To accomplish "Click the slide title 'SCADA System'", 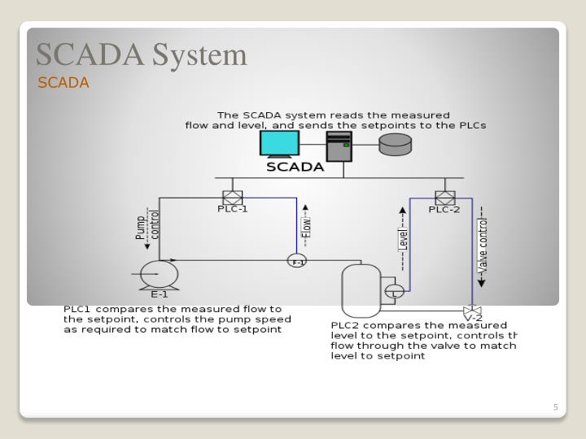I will point(141,54).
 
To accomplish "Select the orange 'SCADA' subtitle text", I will point(63,83).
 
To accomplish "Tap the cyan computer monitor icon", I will point(279,143).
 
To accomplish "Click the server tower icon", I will point(339,146).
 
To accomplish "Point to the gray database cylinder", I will point(396,145).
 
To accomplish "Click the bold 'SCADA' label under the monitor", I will point(295,167).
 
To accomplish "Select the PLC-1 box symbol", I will point(233,198).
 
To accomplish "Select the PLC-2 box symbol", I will point(444,198).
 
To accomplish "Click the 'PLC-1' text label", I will point(233,209).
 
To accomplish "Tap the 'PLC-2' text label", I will point(444,210).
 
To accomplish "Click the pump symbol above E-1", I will point(159,274).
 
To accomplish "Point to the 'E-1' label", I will point(160,294).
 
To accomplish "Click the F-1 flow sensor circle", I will point(297,261).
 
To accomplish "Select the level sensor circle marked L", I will point(394,291).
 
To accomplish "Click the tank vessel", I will point(361,290).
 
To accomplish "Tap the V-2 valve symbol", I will point(472,311).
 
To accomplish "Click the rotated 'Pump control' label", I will point(147,225).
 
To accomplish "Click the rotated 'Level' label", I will point(402,239).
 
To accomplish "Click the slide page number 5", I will point(555,407).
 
